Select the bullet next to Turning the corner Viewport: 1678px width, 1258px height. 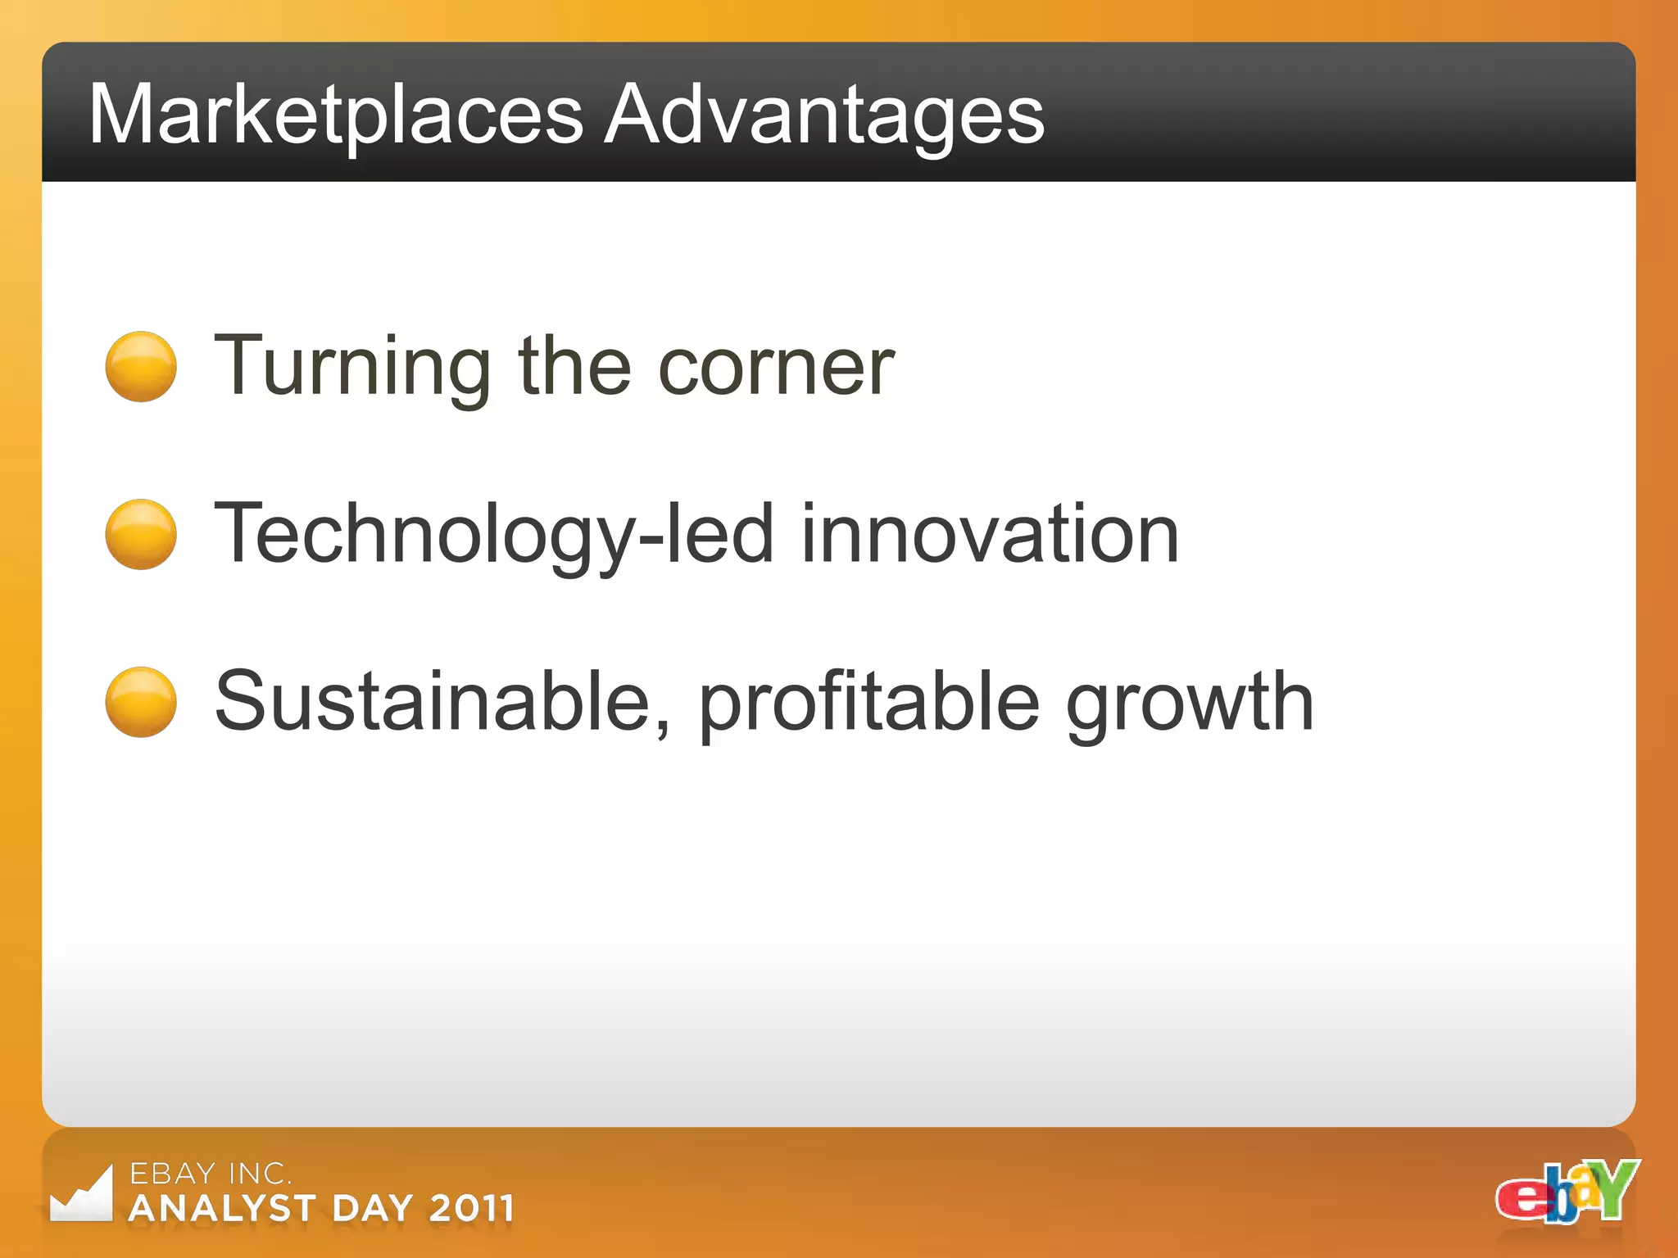tap(141, 366)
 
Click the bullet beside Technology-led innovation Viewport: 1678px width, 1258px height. tap(141, 534)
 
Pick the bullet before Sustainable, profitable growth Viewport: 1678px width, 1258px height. tap(141, 702)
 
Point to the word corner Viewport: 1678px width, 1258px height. tap(776, 366)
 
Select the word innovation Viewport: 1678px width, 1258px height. tap(989, 534)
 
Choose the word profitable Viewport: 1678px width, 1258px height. tap(868, 702)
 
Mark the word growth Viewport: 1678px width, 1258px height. tap(1190, 702)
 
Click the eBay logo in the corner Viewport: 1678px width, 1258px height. tap(1567, 1192)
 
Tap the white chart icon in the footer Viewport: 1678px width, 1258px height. tap(81, 1196)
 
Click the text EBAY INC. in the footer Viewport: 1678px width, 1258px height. tap(210, 1174)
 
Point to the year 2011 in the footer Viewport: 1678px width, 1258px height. tap(472, 1209)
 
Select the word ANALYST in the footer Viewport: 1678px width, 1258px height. tap(222, 1209)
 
